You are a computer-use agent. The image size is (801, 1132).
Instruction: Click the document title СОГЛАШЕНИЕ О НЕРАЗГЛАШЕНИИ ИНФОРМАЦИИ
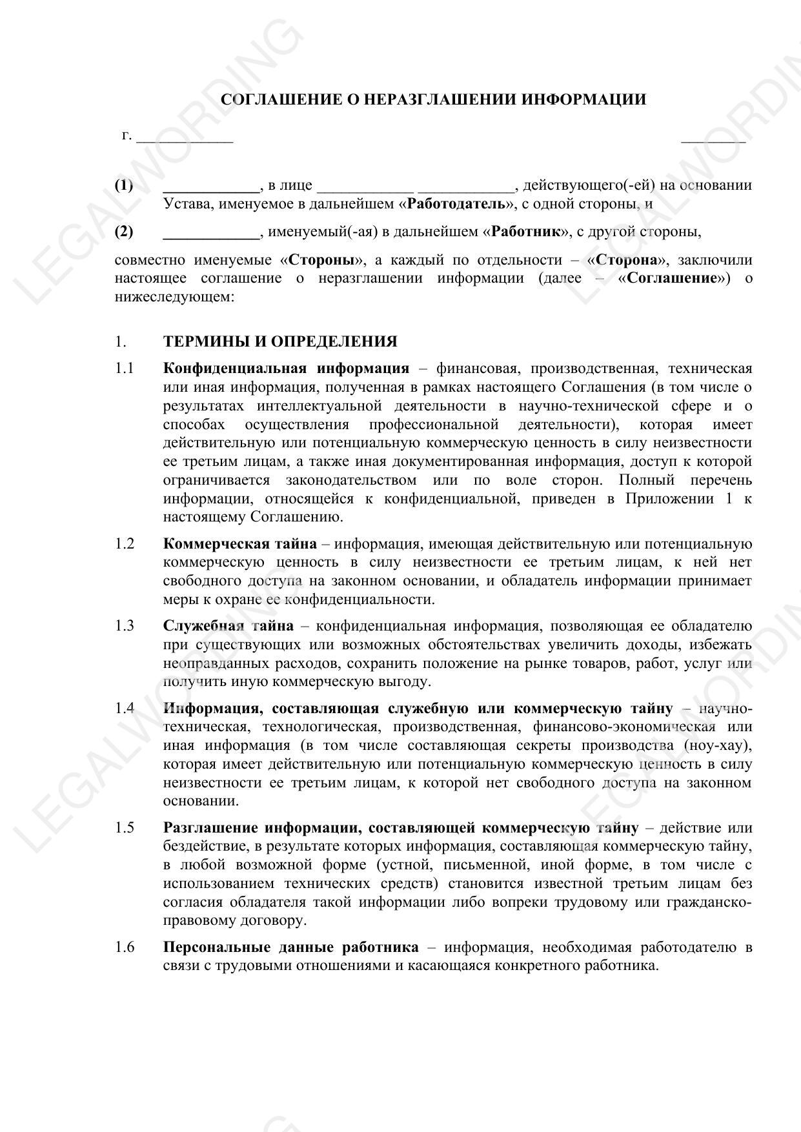pyautogui.click(x=433, y=99)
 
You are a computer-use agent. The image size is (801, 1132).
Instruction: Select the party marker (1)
pyautogui.click(x=124, y=186)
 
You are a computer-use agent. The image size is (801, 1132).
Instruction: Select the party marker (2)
pyautogui.click(x=124, y=231)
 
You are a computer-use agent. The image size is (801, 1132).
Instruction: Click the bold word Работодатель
pyautogui.click(x=456, y=205)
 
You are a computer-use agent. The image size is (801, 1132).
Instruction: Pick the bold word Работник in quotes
pyautogui.click(x=525, y=231)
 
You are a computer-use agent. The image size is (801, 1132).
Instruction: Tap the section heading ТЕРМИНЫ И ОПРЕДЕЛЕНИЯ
pyautogui.click(x=280, y=341)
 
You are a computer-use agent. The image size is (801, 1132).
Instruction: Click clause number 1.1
pyautogui.click(x=125, y=369)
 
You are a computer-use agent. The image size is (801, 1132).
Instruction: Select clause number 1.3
pyautogui.click(x=125, y=625)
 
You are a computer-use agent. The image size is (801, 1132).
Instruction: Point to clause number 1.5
pyautogui.click(x=125, y=828)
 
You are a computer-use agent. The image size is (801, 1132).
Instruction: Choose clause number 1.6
pyautogui.click(x=125, y=947)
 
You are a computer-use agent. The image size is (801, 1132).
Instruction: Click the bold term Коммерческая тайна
pyautogui.click(x=240, y=543)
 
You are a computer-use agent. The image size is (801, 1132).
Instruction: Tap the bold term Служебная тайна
pyautogui.click(x=228, y=625)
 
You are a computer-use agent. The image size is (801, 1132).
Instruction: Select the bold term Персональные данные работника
pyautogui.click(x=290, y=947)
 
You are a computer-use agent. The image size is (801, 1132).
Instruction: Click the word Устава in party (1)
pyautogui.click(x=187, y=205)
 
